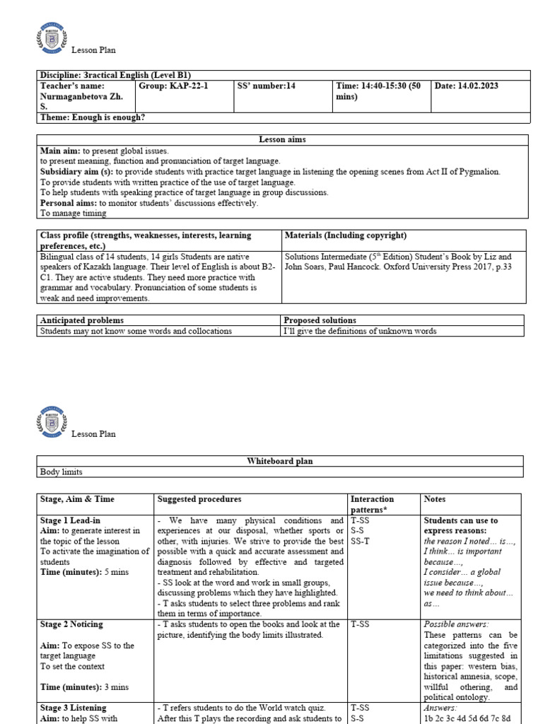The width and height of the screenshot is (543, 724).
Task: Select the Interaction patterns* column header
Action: (x=372, y=504)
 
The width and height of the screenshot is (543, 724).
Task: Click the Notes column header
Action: (x=436, y=499)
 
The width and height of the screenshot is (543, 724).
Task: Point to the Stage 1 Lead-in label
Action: (x=72, y=520)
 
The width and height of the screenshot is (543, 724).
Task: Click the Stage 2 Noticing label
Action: (x=71, y=624)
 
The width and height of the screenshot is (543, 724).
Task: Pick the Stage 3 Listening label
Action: (x=73, y=707)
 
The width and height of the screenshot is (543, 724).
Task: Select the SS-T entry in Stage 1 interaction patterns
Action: (x=360, y=541)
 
